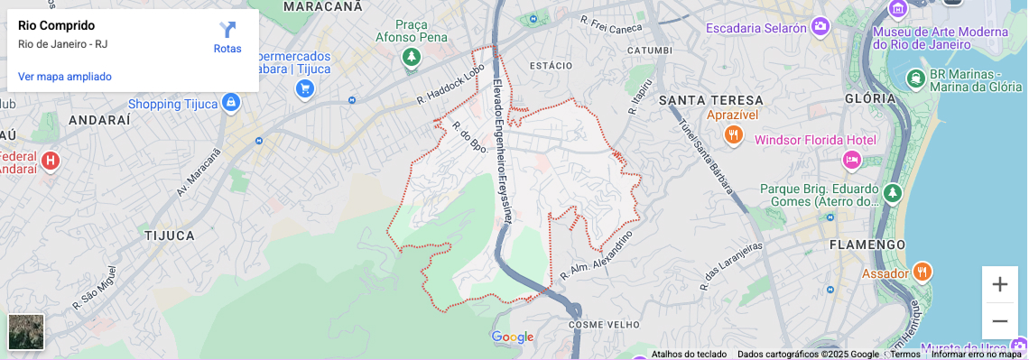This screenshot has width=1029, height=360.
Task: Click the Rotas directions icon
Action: click(227, 31)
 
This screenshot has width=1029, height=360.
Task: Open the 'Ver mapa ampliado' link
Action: click(65, 77)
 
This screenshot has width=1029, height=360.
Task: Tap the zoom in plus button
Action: click(999, 284)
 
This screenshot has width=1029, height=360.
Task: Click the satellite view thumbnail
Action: click(26, 332)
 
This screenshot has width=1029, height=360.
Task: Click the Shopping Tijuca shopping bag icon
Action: click(231, 103)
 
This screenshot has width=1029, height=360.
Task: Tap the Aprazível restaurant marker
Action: click(733, 134)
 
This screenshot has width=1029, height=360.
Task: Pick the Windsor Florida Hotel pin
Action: click(851, 160)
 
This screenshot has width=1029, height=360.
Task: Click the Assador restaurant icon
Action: click(922, 271)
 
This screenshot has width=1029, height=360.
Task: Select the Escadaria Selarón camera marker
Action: click(820, 27)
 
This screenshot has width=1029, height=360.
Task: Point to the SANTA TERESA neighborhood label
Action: click(711, 99)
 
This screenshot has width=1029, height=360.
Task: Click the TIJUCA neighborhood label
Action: click(170, 235)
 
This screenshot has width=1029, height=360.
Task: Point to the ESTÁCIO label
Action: click(551, 65)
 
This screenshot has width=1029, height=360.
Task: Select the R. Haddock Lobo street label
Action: click(451, 88)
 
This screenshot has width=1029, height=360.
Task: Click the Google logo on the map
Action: click(513, 337)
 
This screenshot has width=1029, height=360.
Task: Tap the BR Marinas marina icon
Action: click(916, 78)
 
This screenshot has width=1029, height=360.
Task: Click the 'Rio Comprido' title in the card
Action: click(56, 25)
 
